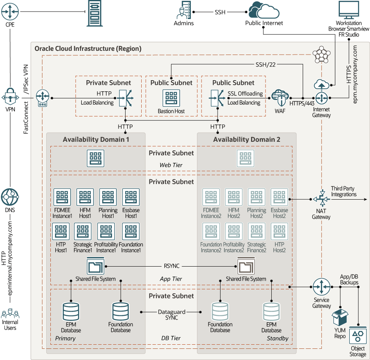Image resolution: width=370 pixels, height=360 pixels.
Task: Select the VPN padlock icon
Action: [10, 97]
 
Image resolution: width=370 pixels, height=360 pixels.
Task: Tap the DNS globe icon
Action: [10, 197]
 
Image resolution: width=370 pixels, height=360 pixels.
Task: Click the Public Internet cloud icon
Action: [264, 10]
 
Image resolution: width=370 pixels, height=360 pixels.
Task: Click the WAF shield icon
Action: [280, 98]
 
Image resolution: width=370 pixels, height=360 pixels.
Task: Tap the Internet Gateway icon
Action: [321, 98]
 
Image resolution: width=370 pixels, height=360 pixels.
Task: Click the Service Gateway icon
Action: [321, 287]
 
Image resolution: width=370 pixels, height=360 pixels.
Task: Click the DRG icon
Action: [43, 98]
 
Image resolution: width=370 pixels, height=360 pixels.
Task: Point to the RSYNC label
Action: [171, 266]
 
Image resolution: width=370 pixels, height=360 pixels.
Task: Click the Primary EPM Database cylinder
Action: [71, 312]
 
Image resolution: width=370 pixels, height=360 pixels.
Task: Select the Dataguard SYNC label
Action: [171, 315]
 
